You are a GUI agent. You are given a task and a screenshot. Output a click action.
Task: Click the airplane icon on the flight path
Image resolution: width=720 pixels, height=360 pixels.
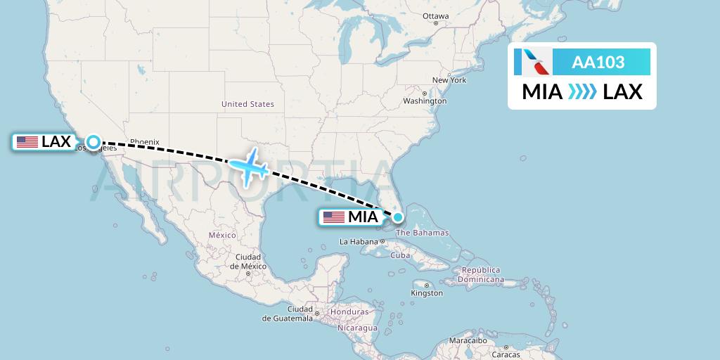pyautogui.click(x=249, y=167)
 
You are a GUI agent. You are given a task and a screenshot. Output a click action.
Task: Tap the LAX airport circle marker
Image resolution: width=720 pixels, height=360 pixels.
pyautogui.click(x=94, y=142)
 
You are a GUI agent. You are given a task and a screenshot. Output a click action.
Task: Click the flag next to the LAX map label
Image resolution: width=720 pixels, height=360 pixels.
pyautogui.click(x=27, y=142)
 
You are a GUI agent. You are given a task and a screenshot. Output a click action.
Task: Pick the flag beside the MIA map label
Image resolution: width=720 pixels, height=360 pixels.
pyautogui.click(x=334, y=217)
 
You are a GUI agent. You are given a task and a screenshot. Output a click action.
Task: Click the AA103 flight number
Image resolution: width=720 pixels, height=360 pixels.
pyautogui.click(x=598, y=63)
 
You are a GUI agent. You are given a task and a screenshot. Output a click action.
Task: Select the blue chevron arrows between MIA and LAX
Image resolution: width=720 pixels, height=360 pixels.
pyautogui.click(x=581, y=92)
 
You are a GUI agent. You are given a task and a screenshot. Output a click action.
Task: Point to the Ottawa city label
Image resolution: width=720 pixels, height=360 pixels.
pyautogui.click(x=435, y=16)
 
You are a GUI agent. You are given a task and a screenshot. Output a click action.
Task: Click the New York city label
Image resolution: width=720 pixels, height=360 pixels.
pyautogui.click(x=449, y=80)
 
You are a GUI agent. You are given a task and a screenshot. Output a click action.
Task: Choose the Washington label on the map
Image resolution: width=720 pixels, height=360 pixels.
pyautogui.click(x=425, y=101)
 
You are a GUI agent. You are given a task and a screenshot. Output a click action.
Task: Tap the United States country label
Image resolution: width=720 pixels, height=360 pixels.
pyautogui.click(x=247, y=104)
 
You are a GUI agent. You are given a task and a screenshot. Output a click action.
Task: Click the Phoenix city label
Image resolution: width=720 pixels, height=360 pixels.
pyautogui.click(x=145, y=141)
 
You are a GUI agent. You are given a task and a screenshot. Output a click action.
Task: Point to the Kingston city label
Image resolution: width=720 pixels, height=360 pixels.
pyautogui.click(x=427, y=292)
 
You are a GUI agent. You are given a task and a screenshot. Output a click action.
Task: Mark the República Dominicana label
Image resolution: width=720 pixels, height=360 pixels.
pyautogui.click(x=482, y=274)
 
